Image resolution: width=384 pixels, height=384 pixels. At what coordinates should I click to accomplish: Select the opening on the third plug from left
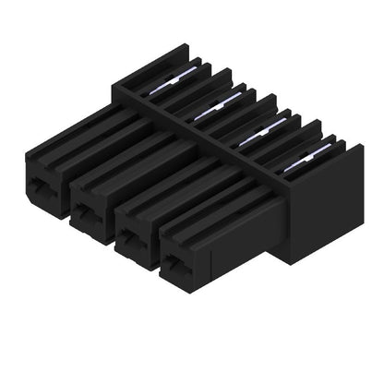[x=133, y=238]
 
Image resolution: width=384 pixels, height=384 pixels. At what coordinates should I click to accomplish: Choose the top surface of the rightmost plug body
[x=217, y=210]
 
